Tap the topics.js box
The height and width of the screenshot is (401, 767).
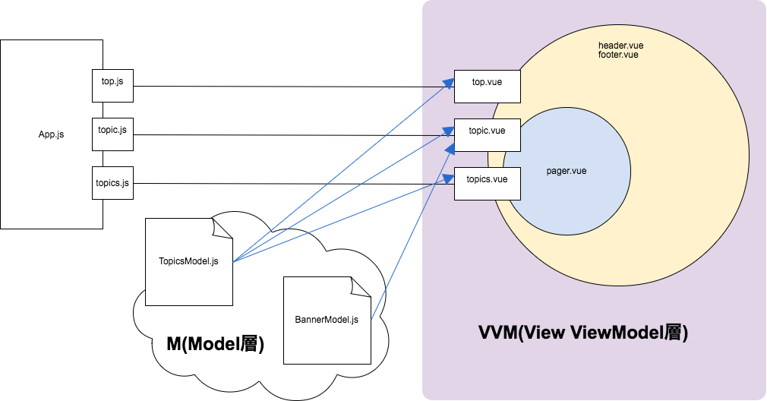(x=112, y=183)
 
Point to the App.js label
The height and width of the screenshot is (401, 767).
(x=51, y=135)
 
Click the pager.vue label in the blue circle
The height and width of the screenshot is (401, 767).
(x=567, y=171)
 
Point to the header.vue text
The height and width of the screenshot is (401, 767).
(x=620, y=46)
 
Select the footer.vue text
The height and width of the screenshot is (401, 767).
(x=618, y=55)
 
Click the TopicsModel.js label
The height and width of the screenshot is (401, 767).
(x=188, y=261)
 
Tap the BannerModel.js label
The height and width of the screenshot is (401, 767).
(x=326, y=320)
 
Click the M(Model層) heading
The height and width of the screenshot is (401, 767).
(x=215, y=344)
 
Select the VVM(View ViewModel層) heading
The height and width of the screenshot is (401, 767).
(x=583, y=333)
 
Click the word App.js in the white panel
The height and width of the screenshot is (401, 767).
(x=51, y=135)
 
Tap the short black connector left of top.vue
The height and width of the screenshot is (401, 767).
(x=437, y=87)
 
